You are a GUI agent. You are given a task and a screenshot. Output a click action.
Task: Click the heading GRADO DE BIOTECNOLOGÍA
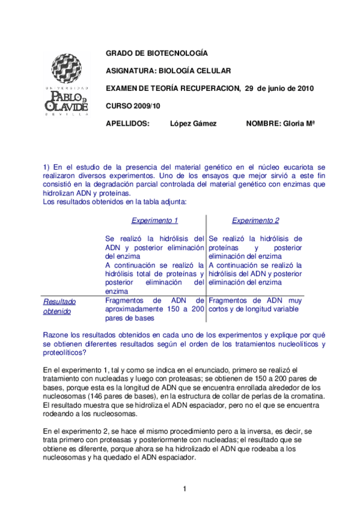157,53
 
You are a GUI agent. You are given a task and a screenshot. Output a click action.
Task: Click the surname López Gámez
193,123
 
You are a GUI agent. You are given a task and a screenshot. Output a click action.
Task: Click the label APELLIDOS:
127,123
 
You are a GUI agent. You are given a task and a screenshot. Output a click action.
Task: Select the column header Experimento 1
154,221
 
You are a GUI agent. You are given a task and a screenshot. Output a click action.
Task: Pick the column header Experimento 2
255,221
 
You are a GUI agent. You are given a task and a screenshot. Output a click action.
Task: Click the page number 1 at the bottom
185,488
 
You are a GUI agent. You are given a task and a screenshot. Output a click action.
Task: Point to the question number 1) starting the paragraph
46,166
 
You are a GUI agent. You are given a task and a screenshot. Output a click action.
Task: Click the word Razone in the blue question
56,334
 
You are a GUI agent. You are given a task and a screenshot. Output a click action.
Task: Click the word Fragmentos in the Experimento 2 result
227,300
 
